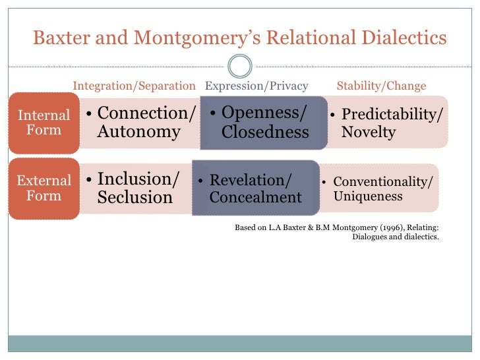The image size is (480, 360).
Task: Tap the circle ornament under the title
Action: (x=239, y=66)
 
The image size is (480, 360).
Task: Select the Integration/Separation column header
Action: (x=134, y=86)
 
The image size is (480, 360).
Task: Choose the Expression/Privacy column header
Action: (x=256, y=86)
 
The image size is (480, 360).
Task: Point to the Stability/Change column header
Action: (x=381, y=86)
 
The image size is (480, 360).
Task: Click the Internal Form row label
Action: (x=44, y=122)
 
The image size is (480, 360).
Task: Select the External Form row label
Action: (x=44, y=188)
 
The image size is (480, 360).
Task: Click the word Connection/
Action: (x=146, y=113)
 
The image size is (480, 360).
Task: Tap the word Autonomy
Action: (x=138, y=131)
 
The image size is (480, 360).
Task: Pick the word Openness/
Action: (x=264, y=113)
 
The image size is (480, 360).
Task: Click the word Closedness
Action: (x=265, y=132)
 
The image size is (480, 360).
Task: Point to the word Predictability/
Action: (x=392, y=114)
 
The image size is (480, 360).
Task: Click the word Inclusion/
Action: (x=138, y=179)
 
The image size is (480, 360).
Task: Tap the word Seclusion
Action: (x=135, y=197)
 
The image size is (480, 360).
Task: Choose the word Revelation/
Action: (x=250, y=180)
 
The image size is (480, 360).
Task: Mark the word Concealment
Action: (x=255, y=196)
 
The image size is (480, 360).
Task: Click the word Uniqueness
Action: (x=368, y=196)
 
